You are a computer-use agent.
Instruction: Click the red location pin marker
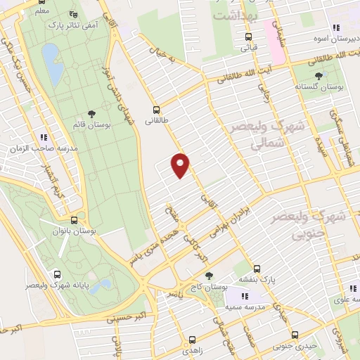(x=181, y=165)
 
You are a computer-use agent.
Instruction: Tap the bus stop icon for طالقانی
(x=156, y=110)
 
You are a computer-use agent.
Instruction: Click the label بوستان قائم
(x=90, y=124)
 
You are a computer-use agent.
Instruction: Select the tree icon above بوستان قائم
(x=91, y=113)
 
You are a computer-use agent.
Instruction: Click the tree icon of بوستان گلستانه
(x=319, y=75)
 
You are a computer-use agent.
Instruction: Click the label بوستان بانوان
(x=77, y=230)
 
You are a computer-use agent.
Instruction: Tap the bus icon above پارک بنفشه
(x=257, y=268)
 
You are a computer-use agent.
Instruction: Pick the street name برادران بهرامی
(x=226, y=223)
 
